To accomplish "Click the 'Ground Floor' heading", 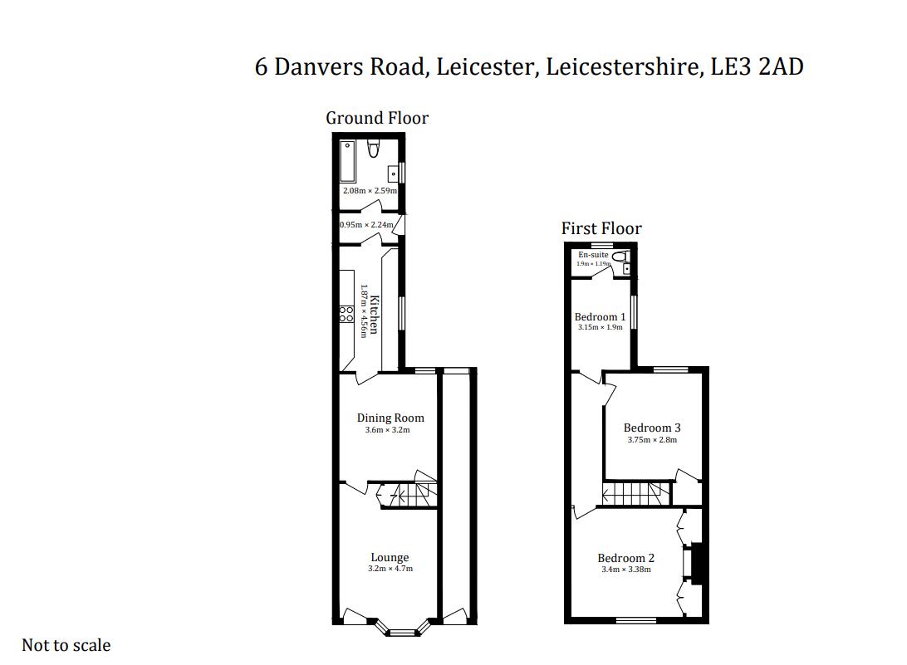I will coord(377,118).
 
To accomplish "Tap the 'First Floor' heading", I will coord(601,228).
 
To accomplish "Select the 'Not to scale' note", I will coord(66,645).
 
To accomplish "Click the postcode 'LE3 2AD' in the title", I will coord(757,66).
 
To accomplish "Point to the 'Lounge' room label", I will coord(390,558).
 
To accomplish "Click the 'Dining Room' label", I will coord(390,418).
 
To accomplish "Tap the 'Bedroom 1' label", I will coord(600,317).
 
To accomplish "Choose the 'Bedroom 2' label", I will coord(625,558).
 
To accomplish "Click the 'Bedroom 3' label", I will coord(652,428).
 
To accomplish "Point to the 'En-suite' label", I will coord(593,255).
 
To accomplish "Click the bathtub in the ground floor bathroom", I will coord(347,160).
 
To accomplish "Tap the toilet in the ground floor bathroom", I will coord(374,149).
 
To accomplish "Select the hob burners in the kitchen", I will coord(346,314).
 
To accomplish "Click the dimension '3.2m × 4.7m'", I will coord(390,570).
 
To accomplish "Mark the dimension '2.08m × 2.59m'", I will coord(370,191).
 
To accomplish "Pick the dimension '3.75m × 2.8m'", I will coord(652,440).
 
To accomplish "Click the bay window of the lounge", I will coord(403,628).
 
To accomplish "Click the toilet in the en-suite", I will coord(619,257).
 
